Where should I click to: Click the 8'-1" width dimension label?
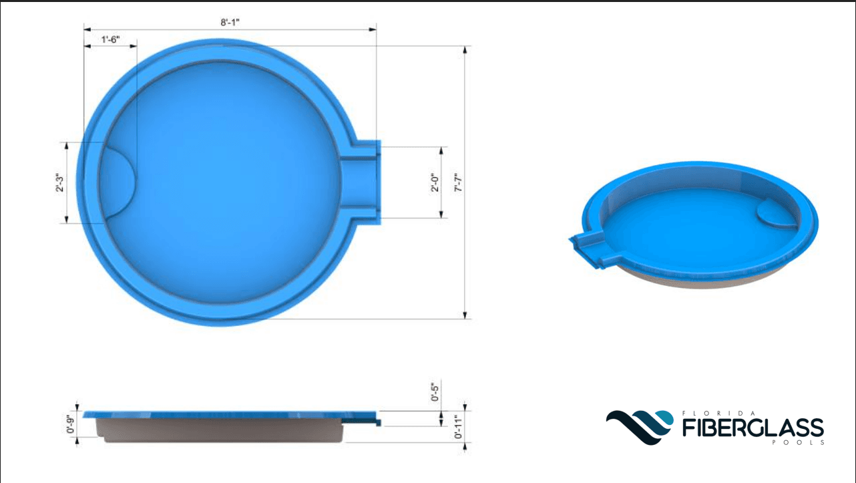230,22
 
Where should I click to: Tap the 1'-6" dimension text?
110,39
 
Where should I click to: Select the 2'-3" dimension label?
60,182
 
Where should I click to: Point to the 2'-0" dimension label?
435,182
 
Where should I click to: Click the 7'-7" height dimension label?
458,182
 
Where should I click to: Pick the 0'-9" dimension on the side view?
70,424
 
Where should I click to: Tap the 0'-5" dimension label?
435,392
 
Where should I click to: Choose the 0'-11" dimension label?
458,427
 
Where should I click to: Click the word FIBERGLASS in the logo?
753,428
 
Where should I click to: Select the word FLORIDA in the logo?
718,414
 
